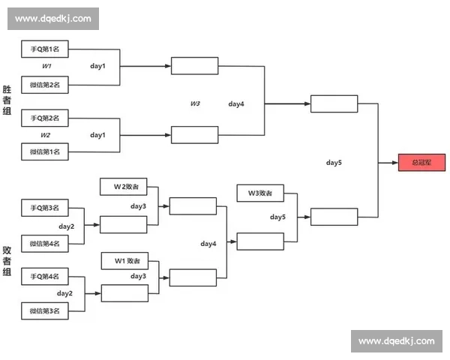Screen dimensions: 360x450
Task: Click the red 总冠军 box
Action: click(x=421, y=162)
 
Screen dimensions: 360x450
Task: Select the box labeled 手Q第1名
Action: click(x=45, y=49)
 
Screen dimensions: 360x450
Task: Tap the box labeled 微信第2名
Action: click(x=45, y=85)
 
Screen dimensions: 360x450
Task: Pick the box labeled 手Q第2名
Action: click(x=45, y=118)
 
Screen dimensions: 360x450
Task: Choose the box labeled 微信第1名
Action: click(x=45, y=151)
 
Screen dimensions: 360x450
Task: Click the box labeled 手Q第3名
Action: click(x=45, y=207)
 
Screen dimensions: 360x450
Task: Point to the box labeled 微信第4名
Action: click(x=45, y=243)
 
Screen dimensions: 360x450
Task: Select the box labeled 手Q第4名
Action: click(x=45, y=276)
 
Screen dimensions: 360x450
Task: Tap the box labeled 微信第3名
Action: click(x=45, y=310)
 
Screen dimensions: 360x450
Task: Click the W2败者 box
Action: click(x=124, y=187)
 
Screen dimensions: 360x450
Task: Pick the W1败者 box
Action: click(x=125, y=260)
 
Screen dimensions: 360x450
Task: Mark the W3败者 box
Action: click(x=259, y=193)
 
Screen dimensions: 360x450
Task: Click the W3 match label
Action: click(x=195, y=103)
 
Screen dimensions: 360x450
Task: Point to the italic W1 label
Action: click(x=46, y=67)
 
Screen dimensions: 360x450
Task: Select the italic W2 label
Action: click(x=46, y=135)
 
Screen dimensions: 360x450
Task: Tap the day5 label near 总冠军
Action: click(x=334, y=162)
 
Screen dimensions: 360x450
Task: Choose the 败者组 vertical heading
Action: click(x=7, y=261)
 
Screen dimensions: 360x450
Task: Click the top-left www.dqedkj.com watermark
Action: click(x=53, y=18)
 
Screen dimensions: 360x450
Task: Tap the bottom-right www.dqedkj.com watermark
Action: click(x=396, y=341)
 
